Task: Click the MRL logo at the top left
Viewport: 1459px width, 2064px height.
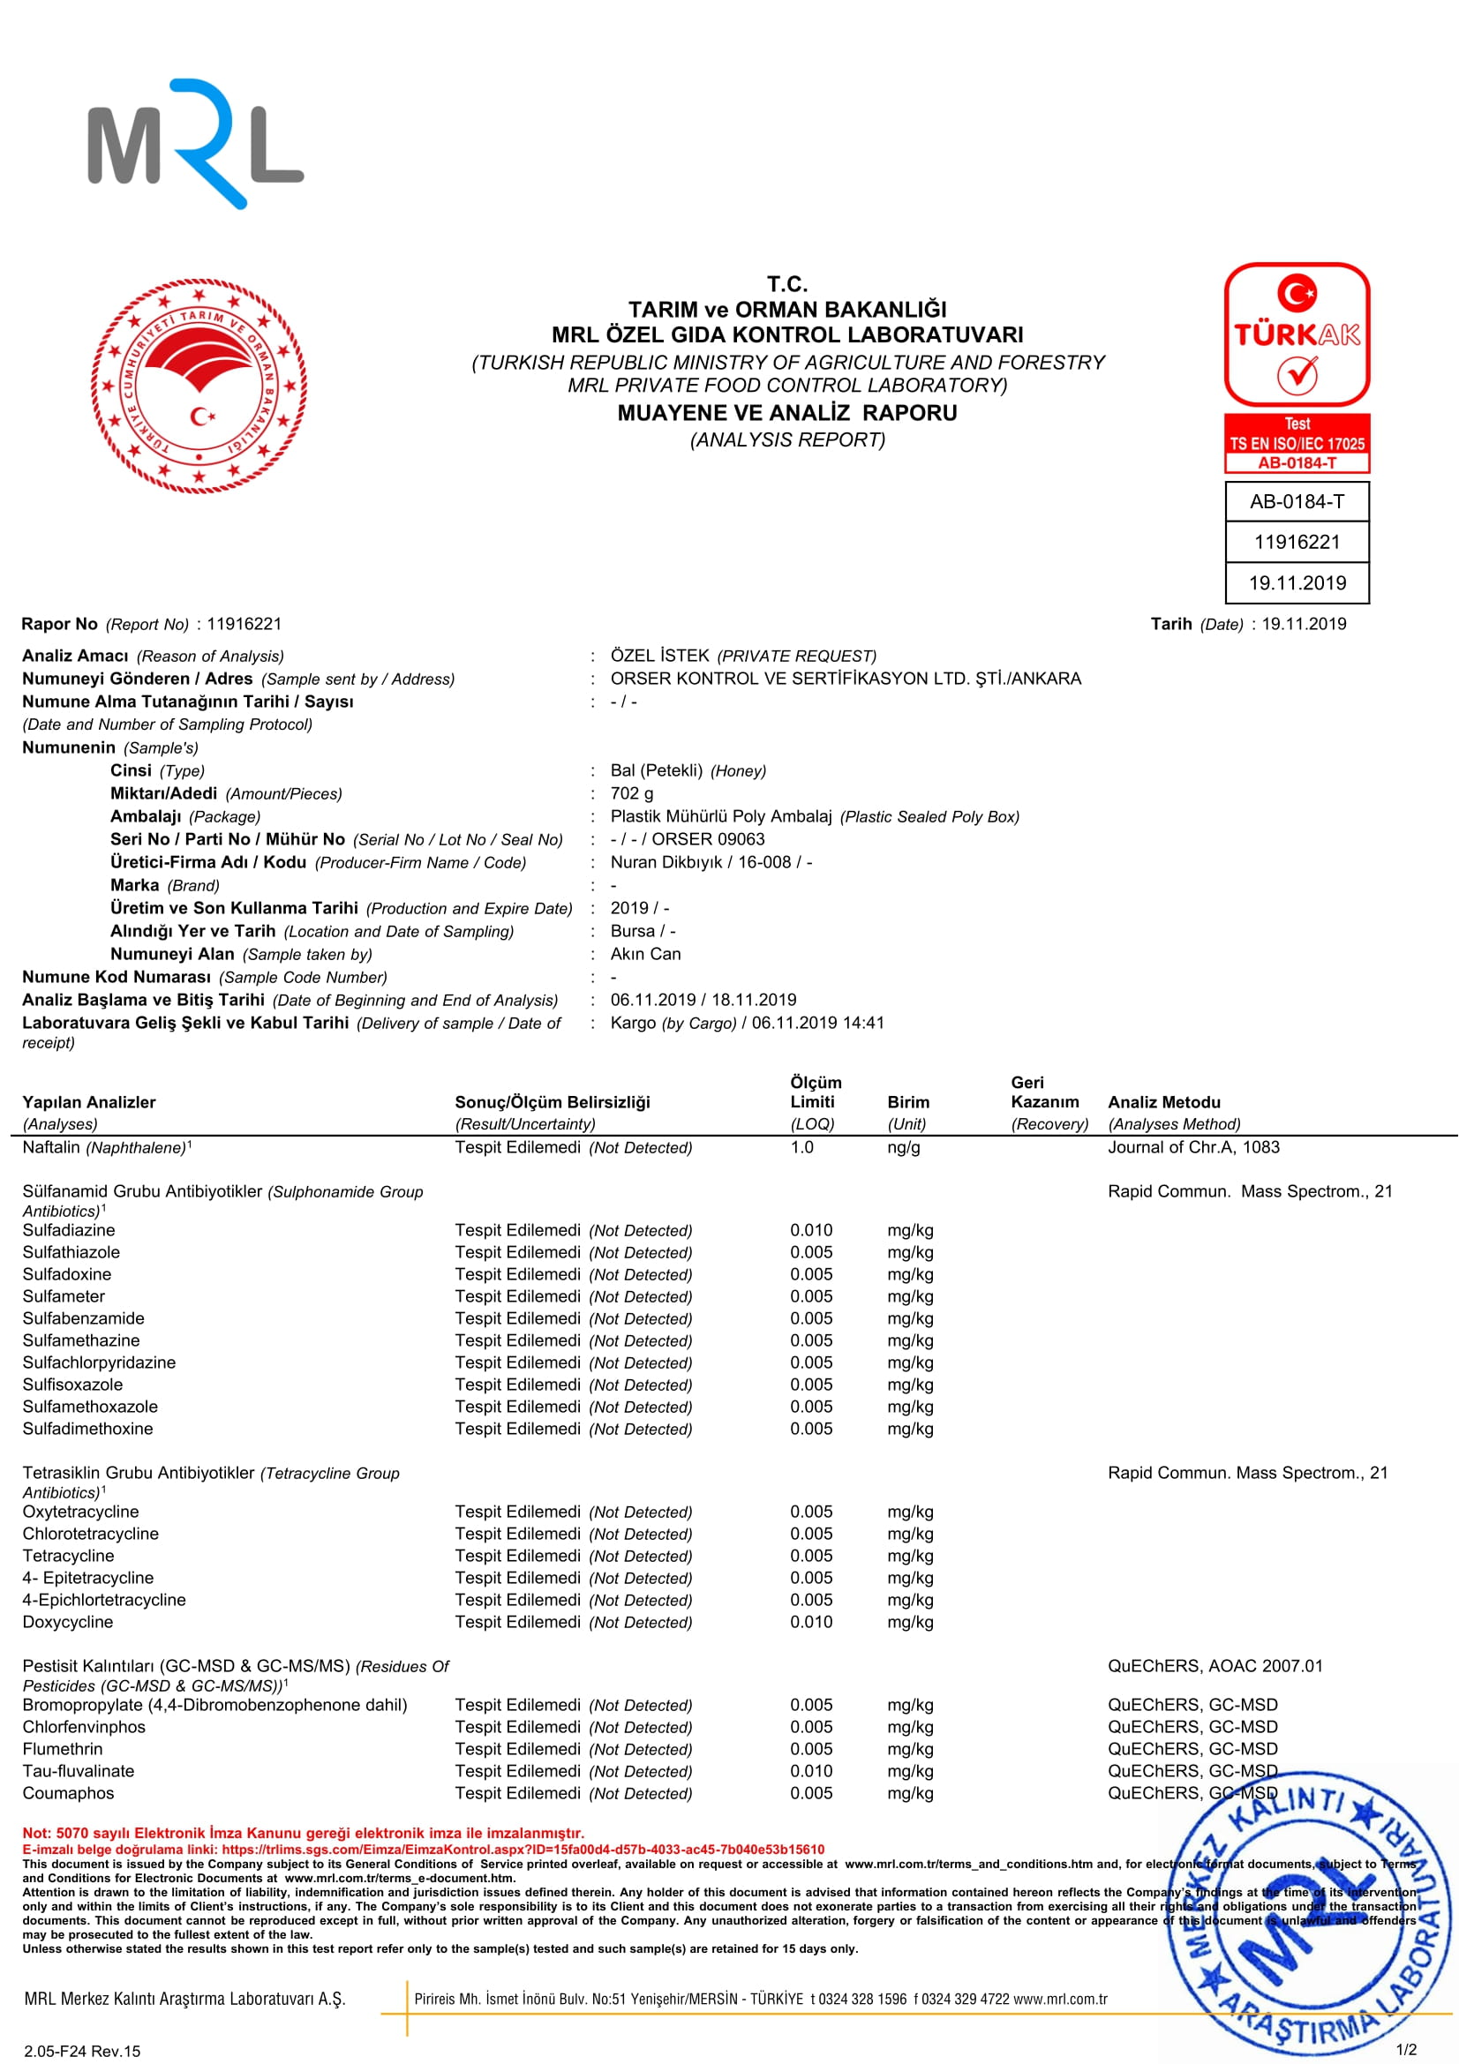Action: [x=195, y=144]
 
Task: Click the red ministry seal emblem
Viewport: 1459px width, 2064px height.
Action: [x=199, y=386]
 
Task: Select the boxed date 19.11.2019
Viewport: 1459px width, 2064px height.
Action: [x=1297, y=583]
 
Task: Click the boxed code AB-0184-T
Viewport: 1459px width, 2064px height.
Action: [x=1297, y=501]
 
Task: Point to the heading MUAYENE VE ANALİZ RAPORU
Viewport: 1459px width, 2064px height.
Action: [x=786, y=414]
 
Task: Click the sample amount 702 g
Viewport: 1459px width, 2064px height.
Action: [x=632, y=794]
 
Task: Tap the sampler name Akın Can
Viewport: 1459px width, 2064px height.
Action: [x=645, y=954]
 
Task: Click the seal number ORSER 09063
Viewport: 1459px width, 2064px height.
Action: [x=709, y=839]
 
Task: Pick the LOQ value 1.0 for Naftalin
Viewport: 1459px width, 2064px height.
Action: [x=801, y=1147]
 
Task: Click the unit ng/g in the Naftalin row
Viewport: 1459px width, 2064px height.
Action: [x=904, y=1147]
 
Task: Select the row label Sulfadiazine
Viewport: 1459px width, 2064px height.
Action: [x=69, y=1230]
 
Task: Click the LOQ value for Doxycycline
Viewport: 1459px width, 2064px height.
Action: [x=811, y=1622]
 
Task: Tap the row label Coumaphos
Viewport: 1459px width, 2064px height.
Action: [x=68, y=1792]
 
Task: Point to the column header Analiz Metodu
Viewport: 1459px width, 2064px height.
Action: [x=1164, y=1102]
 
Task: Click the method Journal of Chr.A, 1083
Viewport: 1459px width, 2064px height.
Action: [x=1193, y=1147]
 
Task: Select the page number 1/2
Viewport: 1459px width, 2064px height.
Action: [x=1406, y=2050]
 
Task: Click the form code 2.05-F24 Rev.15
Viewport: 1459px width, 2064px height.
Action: [x=82, y=2051]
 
